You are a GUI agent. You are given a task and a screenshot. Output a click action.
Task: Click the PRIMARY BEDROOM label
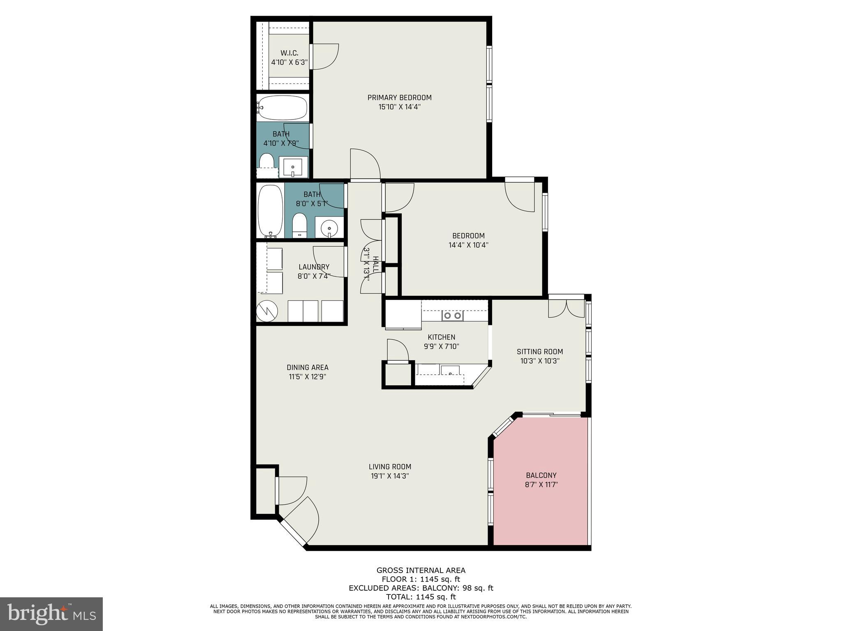coord(399,98)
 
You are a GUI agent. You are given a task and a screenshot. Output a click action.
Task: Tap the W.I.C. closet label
coord(289,53)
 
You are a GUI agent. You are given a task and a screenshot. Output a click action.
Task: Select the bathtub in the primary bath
coord(282,108)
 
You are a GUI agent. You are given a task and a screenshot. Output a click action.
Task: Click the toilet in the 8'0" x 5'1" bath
coord(299,225)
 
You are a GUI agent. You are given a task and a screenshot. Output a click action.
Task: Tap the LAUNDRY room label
coord(314,267)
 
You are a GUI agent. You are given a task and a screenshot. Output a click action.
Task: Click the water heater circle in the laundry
coord(267,312)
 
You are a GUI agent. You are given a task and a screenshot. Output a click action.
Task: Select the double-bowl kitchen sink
coord(452,315)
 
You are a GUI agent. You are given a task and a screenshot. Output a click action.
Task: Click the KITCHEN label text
coord(441,337)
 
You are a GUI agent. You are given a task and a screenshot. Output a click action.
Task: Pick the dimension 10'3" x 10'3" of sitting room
coord(539,361)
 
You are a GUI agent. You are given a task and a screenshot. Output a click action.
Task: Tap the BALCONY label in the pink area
coord(541,475)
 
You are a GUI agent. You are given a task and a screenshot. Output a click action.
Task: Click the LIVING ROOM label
coord(390,467)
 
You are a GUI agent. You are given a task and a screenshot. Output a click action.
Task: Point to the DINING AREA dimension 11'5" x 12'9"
coord(307,377)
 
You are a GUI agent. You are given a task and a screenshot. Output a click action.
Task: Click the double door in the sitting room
coord(566,309)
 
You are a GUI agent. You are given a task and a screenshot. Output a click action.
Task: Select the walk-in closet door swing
coord(325,57)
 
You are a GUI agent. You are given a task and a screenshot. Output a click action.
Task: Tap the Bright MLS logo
coord(51,614)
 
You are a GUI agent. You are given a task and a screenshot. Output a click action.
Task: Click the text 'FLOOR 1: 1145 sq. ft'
coord(421,580)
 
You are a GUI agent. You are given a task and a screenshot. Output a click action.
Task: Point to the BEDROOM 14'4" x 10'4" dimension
coord(468,245)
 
